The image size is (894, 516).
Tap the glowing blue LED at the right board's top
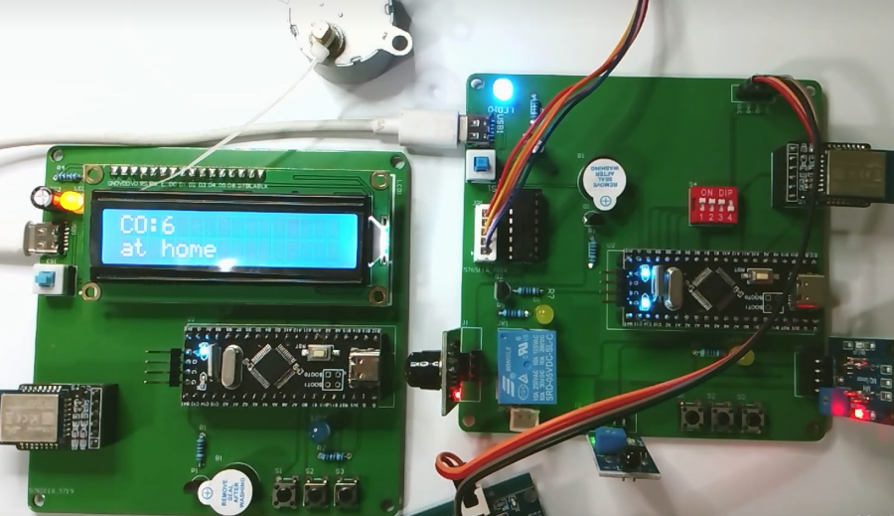pyautogui.click(x=503, y=86)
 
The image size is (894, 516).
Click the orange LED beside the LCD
pyautogui.click(x=70, y=202)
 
